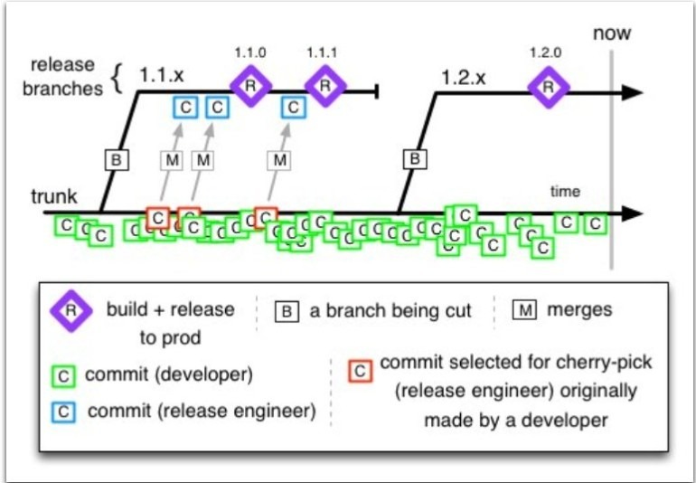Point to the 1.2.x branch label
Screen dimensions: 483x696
[x=464, y=77]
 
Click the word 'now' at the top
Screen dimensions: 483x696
[x=612, y=34]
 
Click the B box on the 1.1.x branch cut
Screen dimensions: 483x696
[x=117, y=160]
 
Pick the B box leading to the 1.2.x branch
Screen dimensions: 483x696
[x=414, y=159]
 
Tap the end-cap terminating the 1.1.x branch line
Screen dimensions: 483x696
[x=375, y=90]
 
